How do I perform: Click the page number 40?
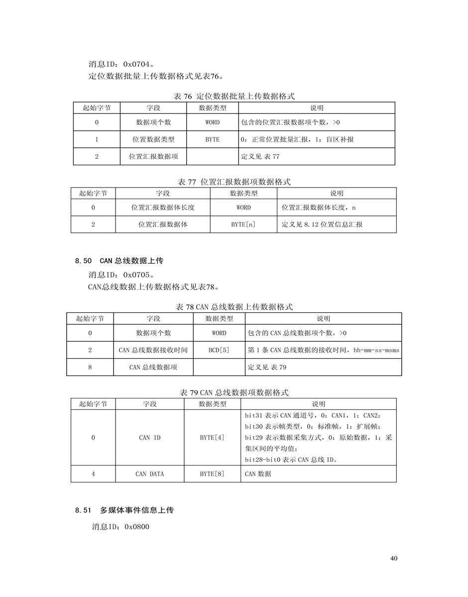coord(394,558)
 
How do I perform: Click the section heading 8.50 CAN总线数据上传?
coord(119,260)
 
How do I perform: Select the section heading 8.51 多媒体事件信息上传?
coord(124,510)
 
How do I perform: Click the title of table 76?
coord(234,97)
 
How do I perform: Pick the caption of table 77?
coord(234,182)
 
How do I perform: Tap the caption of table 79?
coord(234,393)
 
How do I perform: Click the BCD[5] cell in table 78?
coord(219,350)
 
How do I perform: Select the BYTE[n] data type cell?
coord(243,224)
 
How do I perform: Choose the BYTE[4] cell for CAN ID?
coord(212,438)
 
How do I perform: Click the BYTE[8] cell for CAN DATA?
coord(212,474)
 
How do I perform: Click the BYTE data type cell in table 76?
coord(212,139)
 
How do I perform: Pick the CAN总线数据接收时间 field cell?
coord(153,350)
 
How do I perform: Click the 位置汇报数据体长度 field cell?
coord(163,207)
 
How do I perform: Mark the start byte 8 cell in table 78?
coord(90,367)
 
